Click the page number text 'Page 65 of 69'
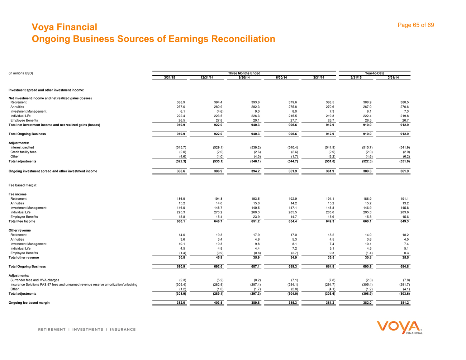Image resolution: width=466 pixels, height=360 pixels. click(x=416, y=25)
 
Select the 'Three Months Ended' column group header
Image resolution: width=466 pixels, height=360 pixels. click(x=244, y=73)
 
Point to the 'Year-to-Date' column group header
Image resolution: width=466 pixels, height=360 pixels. click(x=374, y=73)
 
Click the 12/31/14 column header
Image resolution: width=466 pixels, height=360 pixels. click(x=207, y=78)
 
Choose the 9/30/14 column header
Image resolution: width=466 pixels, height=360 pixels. click(x=244, y=78)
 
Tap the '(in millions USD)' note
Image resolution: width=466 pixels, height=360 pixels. click(x=21, y=73)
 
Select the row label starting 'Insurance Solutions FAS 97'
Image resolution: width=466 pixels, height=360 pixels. click(x=74, y=284)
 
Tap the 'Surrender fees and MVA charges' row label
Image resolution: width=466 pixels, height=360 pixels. click(x=35, y=280)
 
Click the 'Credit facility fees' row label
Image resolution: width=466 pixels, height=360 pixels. click(x=23, y=152)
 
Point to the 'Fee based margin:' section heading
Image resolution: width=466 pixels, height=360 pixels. click(x=23, y=185)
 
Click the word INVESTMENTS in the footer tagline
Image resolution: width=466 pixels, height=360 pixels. click(x=88, y=330)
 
